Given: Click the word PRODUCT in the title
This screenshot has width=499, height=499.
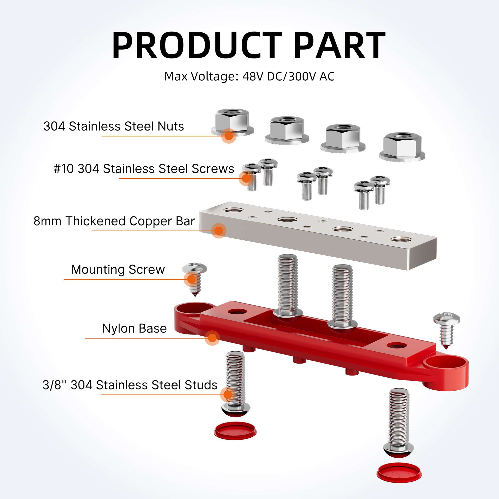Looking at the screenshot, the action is pyautogui.click(x=197, y=45).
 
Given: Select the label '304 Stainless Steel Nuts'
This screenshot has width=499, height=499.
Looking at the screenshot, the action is pyautogui.click(x=114, y=126).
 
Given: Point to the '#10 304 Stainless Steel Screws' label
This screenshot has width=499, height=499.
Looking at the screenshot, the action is pyautogui.click(x=144, y=169).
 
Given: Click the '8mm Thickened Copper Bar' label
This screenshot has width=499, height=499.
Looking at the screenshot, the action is pyautogui.click(x=114, y=221).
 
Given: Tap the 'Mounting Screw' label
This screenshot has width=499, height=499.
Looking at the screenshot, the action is pyautogui.click(x=118, y=270).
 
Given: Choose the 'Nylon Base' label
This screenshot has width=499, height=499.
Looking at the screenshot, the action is pyautogui.click(x=134, y=328).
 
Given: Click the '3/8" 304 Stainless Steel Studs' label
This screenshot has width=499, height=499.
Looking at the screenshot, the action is pyautogui.click(x=130, y=385).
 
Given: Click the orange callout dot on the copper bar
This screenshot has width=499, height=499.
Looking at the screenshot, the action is pyautogui.click(x=219, y=231).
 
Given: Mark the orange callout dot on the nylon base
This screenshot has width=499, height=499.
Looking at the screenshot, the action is pyautogui.click(x=212, y=338).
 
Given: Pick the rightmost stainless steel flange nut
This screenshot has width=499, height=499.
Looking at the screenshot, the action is pyautogui.click(x=402, y=147).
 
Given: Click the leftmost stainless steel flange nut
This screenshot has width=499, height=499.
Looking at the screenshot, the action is pyautogui.click(x=232, y=122).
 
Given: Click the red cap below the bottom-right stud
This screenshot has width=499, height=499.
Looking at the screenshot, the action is pyautogui.click(x=399, y=475).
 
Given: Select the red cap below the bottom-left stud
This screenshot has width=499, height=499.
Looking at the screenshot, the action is pyautogui.click(x=235, y=431).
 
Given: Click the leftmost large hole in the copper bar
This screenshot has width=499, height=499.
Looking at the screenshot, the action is pyautogui.click(x=233, y=209).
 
